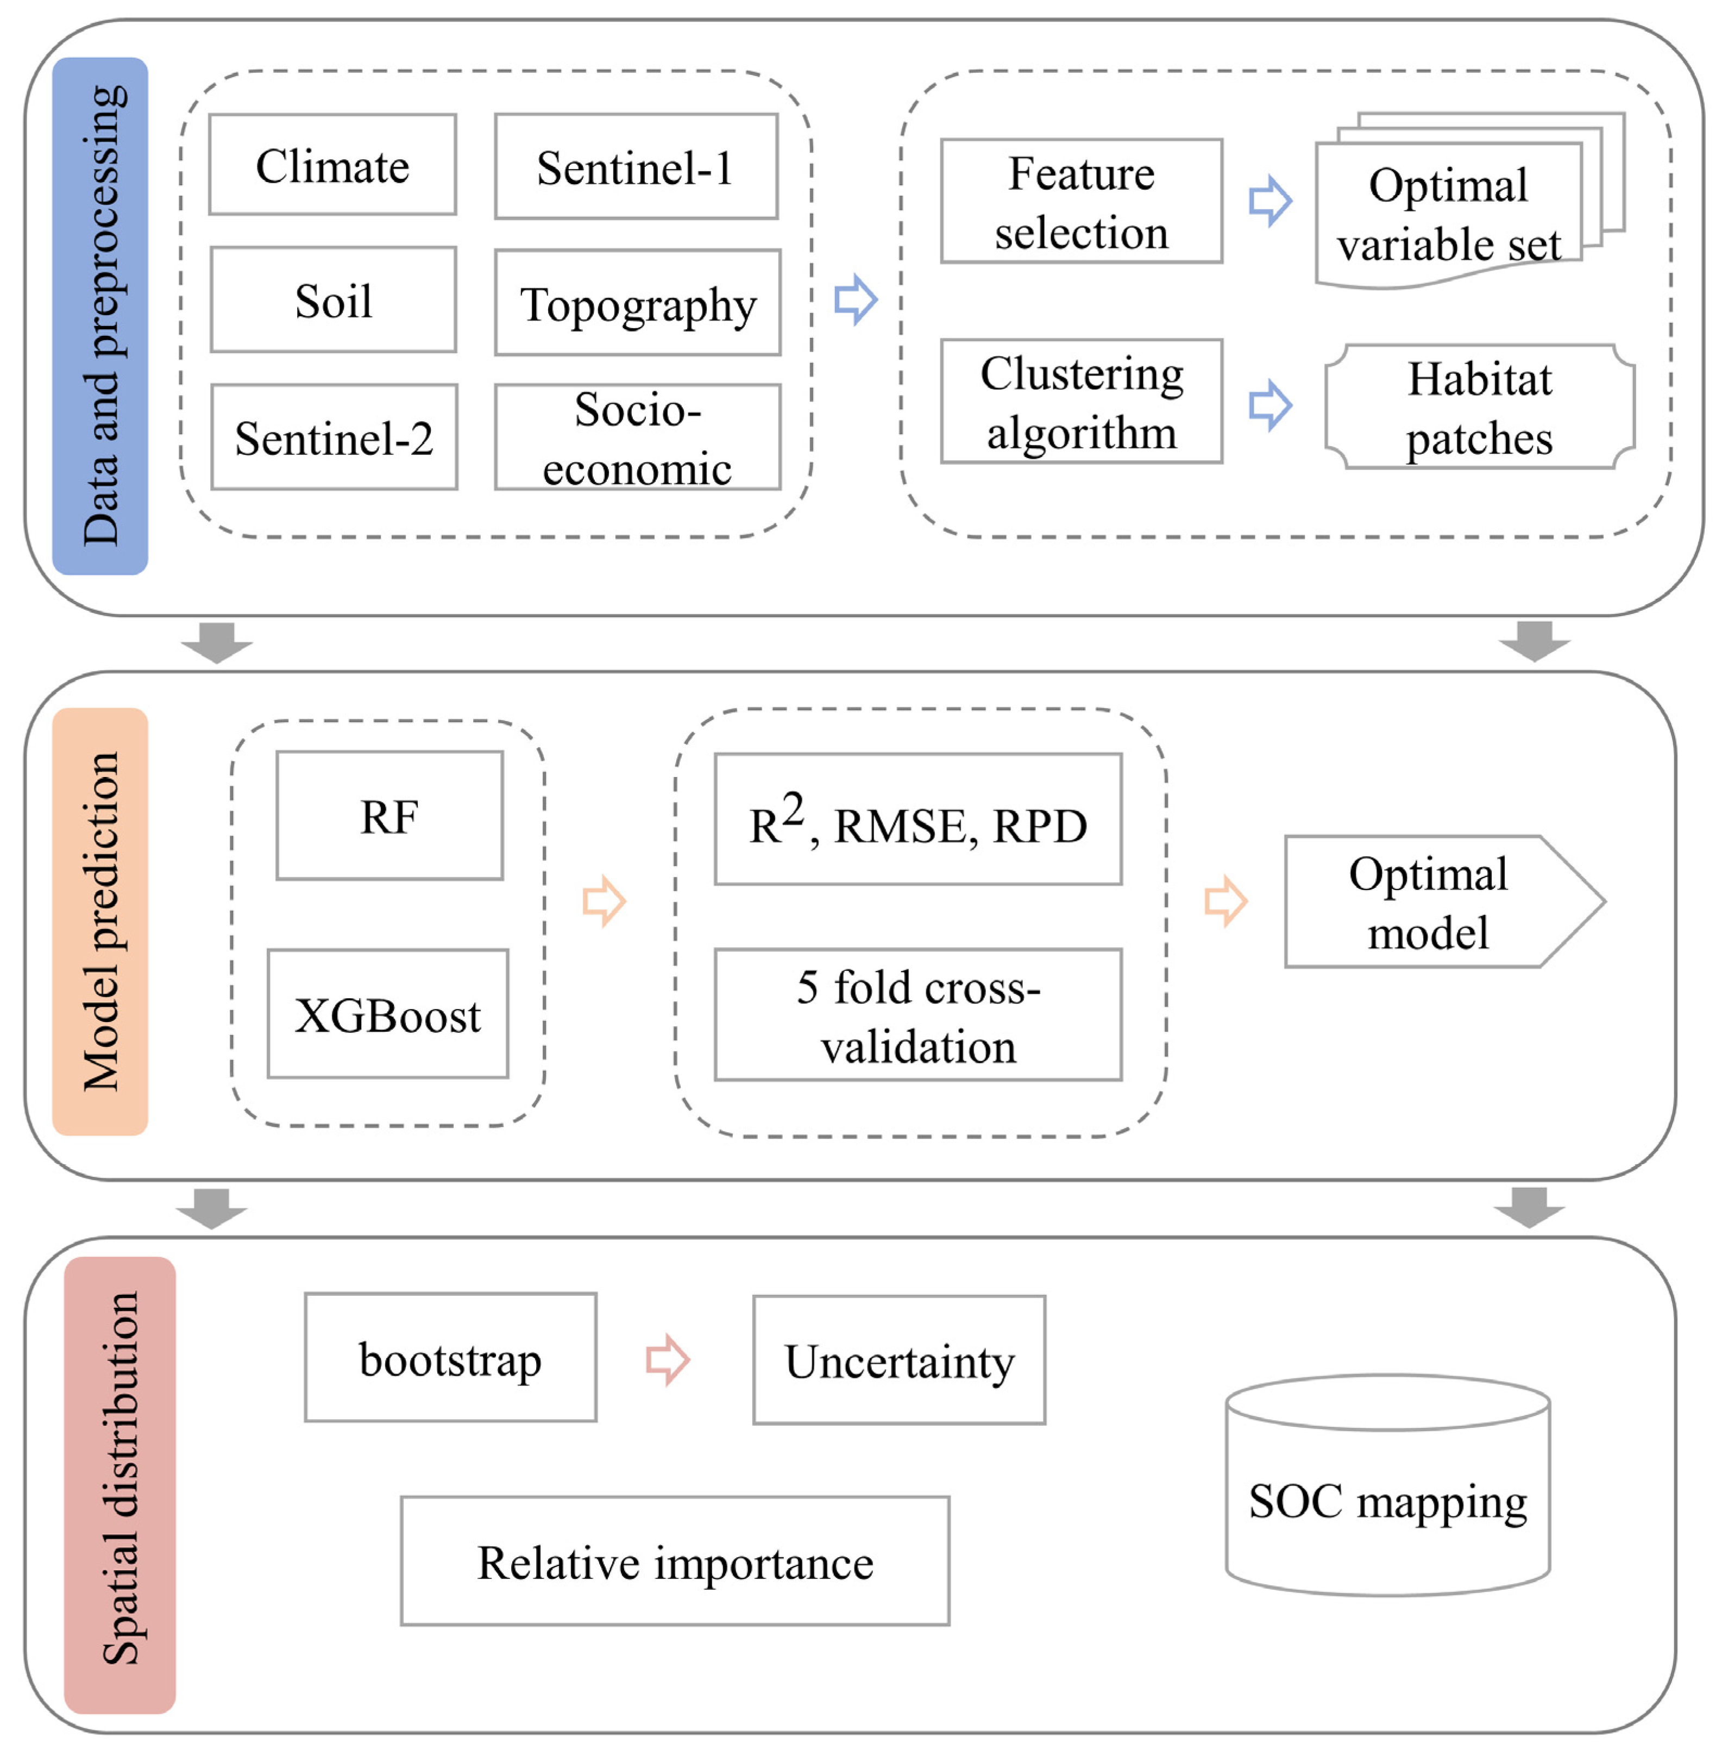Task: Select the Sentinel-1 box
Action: click(636, 166)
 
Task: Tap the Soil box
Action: click(333, 299)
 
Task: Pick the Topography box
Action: click(638, 303)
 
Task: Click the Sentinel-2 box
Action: click(334, 437)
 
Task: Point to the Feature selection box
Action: click(1081, 202)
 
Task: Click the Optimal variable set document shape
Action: click(1448, 215)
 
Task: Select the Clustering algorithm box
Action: click(1081, 402)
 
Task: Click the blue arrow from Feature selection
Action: click(1270, 201)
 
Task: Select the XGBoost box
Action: click(387, 1014)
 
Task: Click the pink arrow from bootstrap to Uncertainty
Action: click(668, 1359)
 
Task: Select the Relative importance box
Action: click(675, 1562)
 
